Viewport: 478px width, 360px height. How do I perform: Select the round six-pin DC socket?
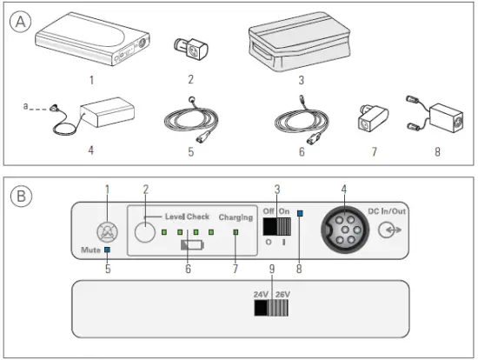coord(341,231)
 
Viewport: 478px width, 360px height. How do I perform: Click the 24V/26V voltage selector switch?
coord(271,308)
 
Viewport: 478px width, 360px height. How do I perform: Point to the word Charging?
coord(236,217)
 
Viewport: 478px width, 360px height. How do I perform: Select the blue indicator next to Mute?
coord(107,250)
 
